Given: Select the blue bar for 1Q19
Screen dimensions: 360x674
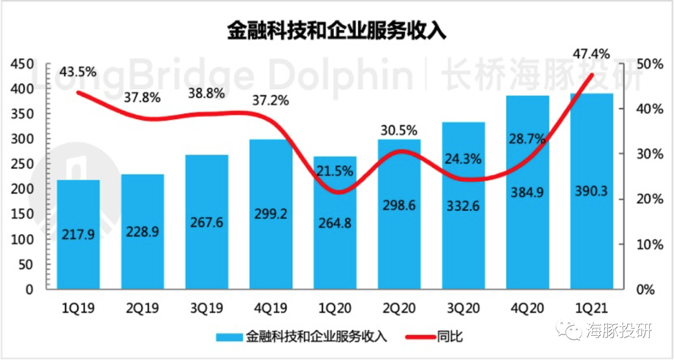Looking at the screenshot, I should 78,235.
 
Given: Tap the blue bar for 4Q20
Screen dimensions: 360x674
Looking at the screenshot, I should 527,193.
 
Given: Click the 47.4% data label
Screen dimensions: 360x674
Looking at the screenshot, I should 590,54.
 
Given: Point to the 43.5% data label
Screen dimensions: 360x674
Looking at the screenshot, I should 78,72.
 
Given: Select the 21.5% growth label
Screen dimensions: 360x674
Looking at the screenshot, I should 335,170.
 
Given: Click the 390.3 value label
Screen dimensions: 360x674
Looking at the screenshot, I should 592,192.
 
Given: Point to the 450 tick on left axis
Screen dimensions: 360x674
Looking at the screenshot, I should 22,64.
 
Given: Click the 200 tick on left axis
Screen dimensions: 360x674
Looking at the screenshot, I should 22,190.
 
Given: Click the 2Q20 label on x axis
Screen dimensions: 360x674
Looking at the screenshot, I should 399,308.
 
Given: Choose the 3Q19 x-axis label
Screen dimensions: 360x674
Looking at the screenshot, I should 207,308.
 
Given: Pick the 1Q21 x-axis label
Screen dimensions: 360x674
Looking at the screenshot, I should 591,308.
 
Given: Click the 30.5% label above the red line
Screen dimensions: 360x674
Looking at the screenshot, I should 399,130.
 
